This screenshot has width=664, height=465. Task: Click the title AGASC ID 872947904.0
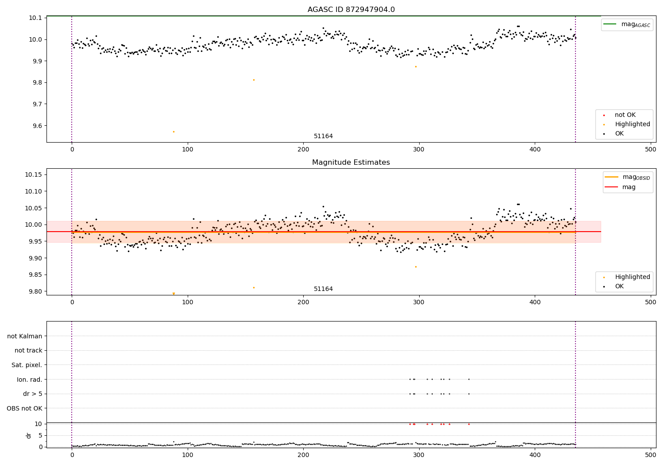[351, 10]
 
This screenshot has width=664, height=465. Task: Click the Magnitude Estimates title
[351, 163]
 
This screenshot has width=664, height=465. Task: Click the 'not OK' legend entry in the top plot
[625, 115]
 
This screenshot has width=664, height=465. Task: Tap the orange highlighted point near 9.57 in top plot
[174, 132]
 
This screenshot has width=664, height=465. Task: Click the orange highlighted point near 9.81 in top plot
[254, 80]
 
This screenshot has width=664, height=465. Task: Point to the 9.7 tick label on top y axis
[36, 104]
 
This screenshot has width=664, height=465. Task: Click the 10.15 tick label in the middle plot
[34, 174]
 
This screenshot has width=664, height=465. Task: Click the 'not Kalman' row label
[25, 336]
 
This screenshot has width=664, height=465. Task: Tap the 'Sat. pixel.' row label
[27, 365]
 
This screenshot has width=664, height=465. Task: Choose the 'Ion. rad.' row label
[30, 380]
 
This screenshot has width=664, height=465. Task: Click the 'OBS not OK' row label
[25, 408]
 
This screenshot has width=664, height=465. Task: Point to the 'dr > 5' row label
[33, 394]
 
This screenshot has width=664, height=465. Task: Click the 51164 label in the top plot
[323, 136]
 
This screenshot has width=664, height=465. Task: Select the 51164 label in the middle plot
[323, 289]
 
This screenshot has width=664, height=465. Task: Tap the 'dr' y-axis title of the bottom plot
[29, 435]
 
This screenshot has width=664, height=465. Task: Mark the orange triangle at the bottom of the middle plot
[174, 294]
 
